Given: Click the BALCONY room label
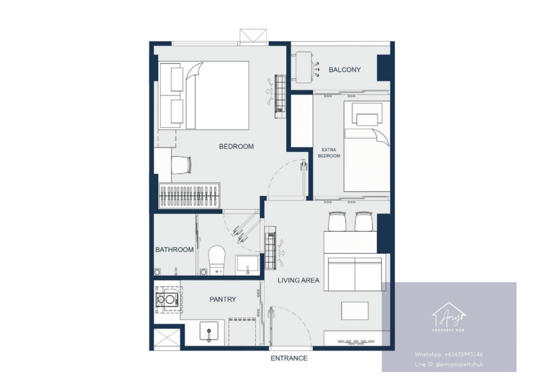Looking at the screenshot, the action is pyautogui.click(x=345, y=70).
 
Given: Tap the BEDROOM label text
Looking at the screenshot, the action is pyautogui.click(x=236, y=146).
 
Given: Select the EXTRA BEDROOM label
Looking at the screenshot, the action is pyautogui.click(x=329, y=153).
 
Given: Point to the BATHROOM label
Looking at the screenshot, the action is pyautogui.click(x=174, y=250).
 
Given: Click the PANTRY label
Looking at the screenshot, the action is pyautogui.click(x=223, y=299).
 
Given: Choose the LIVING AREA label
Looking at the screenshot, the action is pyautogui.click(x=298, y=280).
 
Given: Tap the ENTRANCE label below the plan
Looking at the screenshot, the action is pyautogui.click(x=289, y=359).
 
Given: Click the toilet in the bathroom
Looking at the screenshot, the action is pyautogui.click(x=216, y=261).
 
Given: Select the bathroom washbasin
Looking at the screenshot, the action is pyautogui.click(x=247, y=265).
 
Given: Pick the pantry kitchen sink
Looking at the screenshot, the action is pyautogui.click(x=209, y=331).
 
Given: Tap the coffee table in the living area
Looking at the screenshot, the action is pyautogui.click(x=355, y=311).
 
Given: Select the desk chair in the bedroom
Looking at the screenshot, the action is pyautogui.click(x=181, y=165).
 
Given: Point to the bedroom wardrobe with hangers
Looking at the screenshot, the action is pyautogui.click(x=189, y=196).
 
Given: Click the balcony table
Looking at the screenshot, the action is pyautogui.click(x=304, y=67).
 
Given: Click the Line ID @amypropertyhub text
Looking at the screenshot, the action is pyautogui.click(x=449, y=365).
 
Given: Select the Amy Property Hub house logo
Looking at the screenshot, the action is pyautogui.click(x=449, y=317).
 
